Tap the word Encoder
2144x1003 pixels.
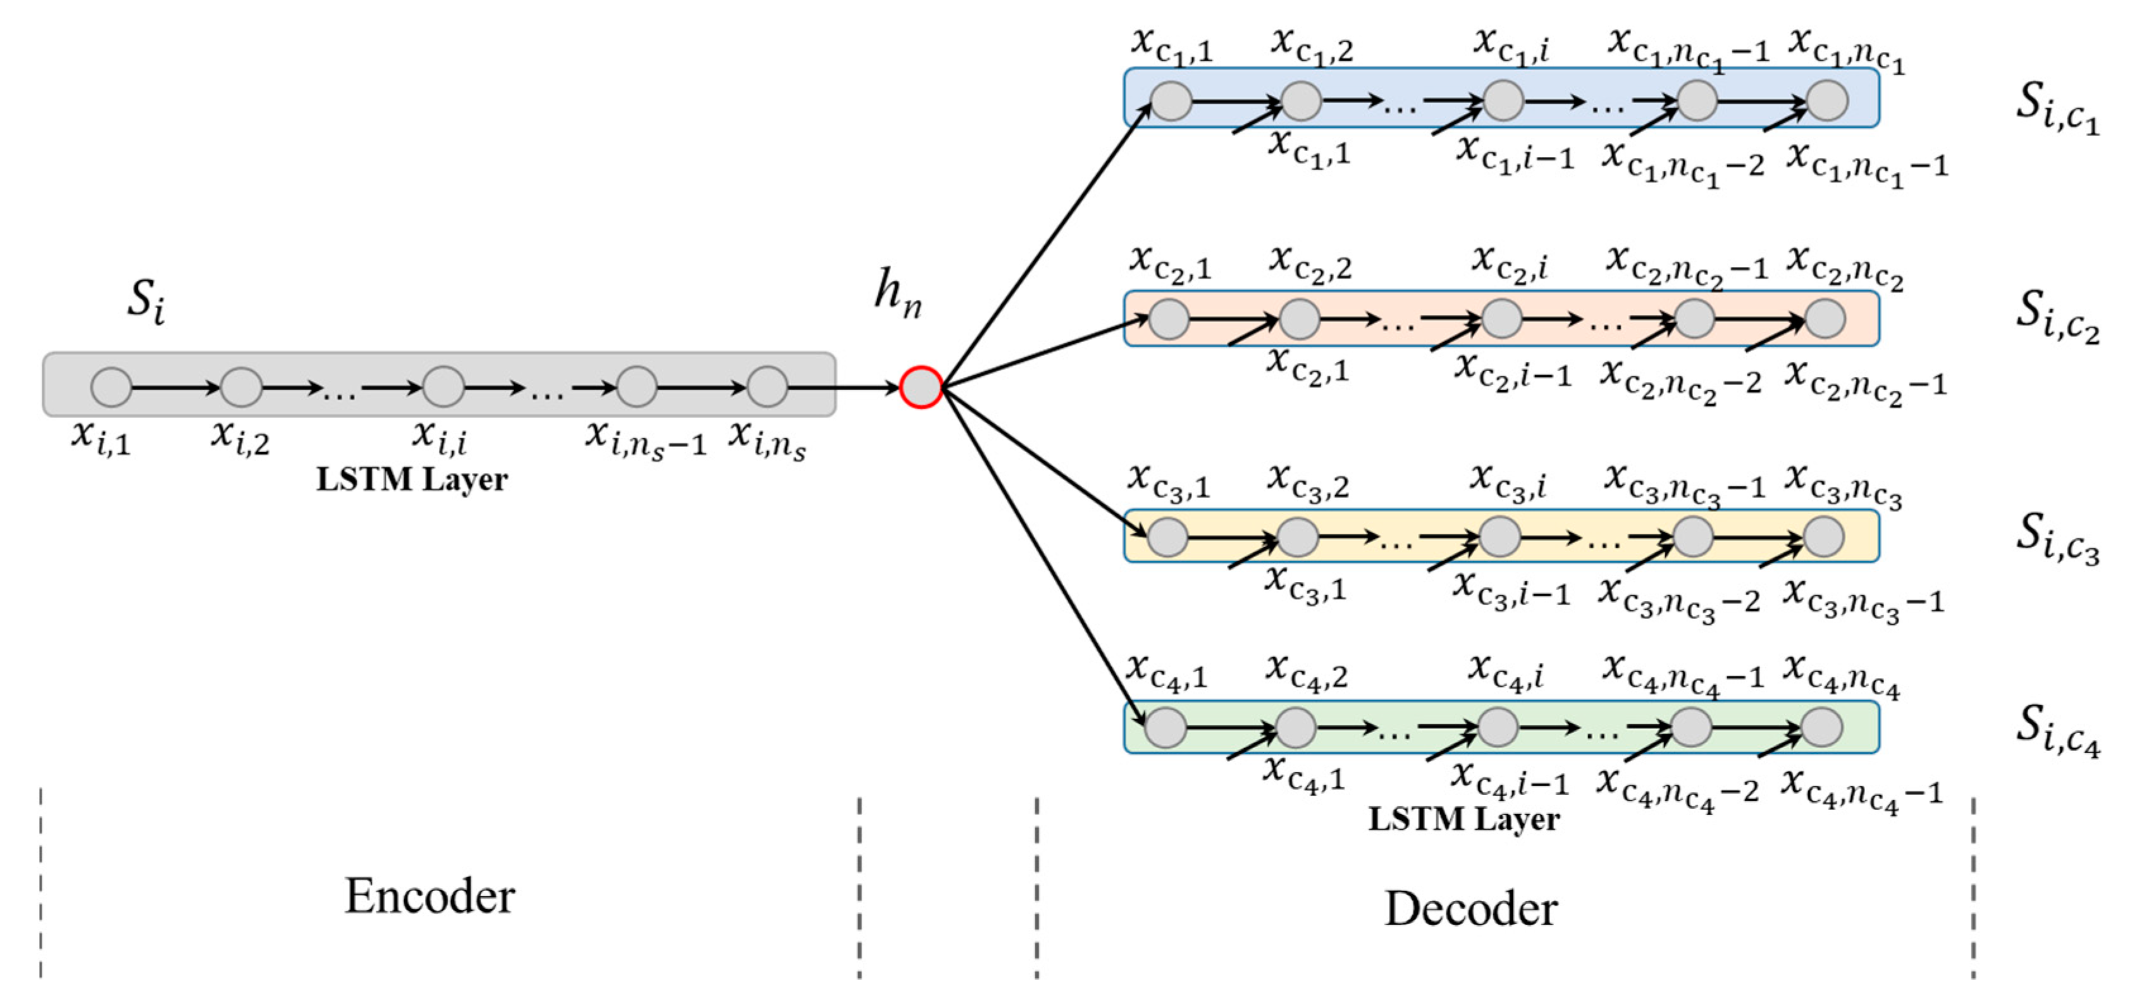pos(429,897)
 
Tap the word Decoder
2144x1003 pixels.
pos(1470,908)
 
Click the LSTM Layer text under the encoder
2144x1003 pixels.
pos(412,479)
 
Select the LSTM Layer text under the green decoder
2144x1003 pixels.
pos(1464,819)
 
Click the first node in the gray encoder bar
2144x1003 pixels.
pos(111,387)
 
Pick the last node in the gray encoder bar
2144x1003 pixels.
pos(767,387)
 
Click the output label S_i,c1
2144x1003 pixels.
pos(2057,108)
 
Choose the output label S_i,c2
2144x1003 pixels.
pos(2057,316)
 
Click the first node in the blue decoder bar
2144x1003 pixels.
pos(1171,101)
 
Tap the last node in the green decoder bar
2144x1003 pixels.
pos(1821,727)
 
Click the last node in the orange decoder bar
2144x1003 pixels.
pos(1825,319)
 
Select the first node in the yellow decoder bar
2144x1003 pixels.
pos(1167,537)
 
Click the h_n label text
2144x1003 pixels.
pos(898,293)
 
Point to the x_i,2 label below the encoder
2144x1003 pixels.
pos(240,437)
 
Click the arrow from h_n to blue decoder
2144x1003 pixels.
pos(1045,245)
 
